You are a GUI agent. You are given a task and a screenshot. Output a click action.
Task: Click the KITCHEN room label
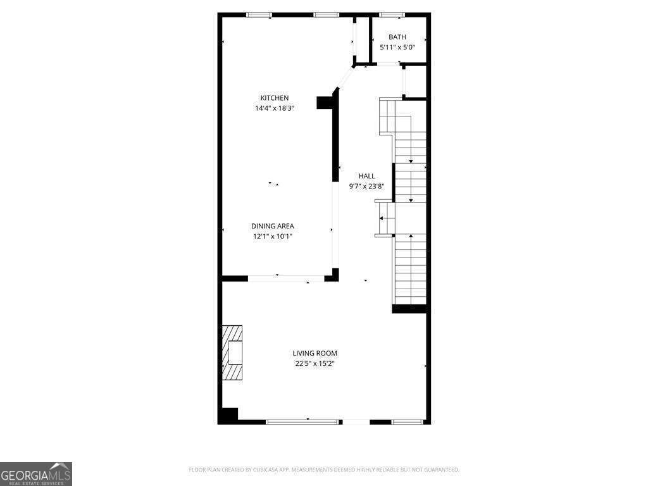click(x=275, y=98)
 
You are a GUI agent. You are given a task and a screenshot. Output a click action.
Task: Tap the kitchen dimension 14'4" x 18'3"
click(x=275, y=108)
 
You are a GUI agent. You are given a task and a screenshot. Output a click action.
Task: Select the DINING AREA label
click(x=272, y=226)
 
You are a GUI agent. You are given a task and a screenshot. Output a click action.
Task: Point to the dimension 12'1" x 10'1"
click(x=272, y=236)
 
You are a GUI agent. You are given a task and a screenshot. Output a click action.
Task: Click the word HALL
click(x=366, y=177)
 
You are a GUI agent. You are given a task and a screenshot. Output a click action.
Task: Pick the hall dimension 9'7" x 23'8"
click(x=366, y=187)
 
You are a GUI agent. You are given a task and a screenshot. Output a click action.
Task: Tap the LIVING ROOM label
click(x=315, y=353)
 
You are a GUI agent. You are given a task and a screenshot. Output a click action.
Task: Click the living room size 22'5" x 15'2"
click(x=315, y=363)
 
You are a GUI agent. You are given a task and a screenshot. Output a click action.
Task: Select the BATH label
click(x=397, y=37)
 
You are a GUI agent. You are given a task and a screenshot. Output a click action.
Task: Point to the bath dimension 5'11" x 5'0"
click(x=397, y=47)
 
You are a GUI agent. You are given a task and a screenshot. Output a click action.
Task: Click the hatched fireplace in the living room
click(x=232, y=353)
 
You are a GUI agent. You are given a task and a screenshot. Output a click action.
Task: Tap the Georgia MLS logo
click(x=36, y=473)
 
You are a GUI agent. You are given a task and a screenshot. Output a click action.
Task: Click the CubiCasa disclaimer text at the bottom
click(x=324, y=470)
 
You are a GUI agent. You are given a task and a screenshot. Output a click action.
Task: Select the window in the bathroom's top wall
click(x=392, y=15)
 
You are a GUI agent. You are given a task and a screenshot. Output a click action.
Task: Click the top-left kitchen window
click(x=259, y=15)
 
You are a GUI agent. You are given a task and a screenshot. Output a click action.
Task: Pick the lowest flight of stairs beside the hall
click(x=410, y=269)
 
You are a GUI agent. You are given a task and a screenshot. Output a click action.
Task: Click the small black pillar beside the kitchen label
click(x=325, y=102)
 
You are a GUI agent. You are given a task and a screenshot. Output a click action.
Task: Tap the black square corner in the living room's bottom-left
click(x=228, y=415)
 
